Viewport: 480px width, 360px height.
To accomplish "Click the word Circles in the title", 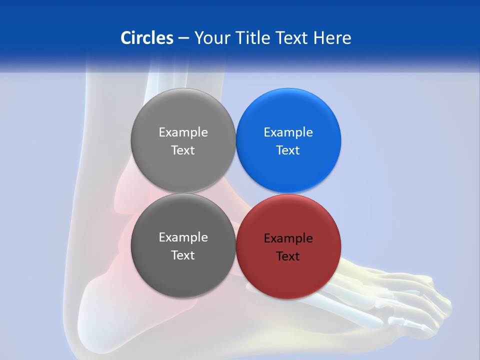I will click(146, 38).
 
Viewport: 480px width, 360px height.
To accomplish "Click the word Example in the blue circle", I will click(288, 132).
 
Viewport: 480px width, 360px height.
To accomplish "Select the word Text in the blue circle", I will click(288, 150).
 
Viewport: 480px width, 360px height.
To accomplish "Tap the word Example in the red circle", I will click(288, 238).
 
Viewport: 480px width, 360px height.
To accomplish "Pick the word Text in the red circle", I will click(288, 256).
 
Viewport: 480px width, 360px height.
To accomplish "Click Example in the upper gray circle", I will click(183, 132).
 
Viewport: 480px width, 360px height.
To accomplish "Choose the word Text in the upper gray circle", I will click(183, 150).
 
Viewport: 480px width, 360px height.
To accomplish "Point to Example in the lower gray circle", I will click(183, 237).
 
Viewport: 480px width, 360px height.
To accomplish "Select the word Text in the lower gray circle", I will click(183, 255).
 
